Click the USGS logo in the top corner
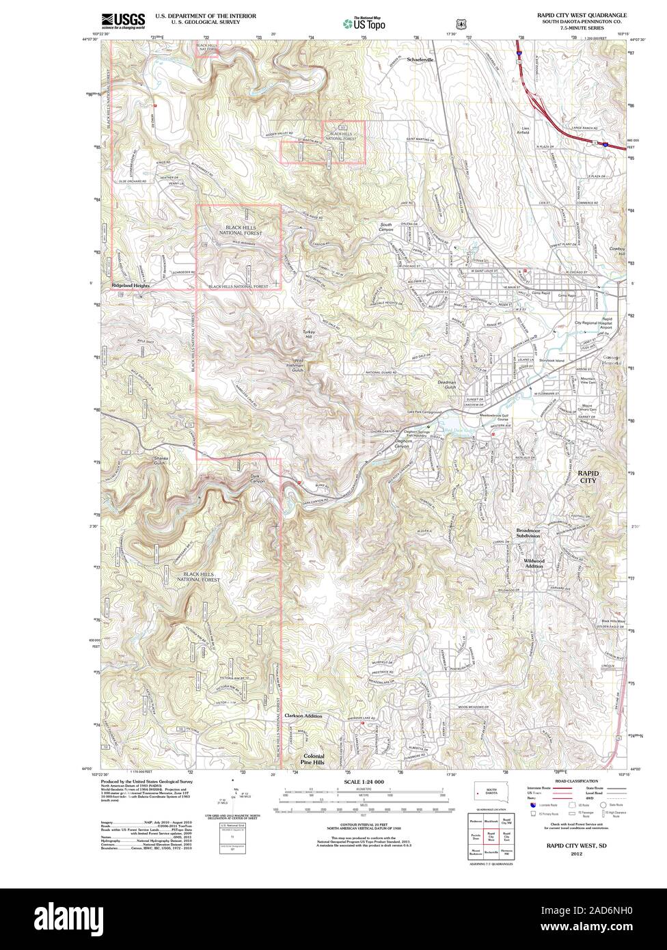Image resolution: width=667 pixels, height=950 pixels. coord(122,21)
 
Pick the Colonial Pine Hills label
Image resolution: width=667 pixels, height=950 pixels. coord(314,760)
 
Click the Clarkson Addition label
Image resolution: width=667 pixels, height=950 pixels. coord(303,716)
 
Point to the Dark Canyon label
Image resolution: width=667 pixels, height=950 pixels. coord(257,480)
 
